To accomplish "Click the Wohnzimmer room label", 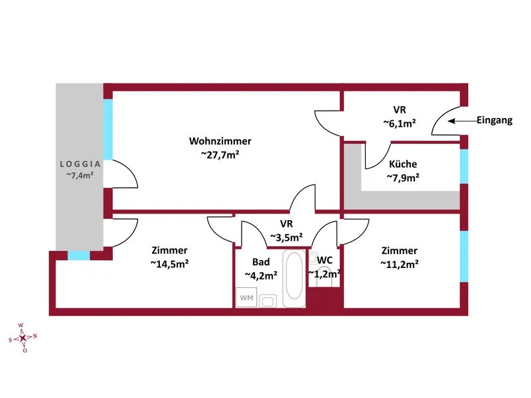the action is click(220, 141).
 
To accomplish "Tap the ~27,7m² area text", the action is click(220, 155).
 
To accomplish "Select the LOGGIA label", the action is click(80, 164).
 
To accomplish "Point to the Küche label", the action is click(403, 164).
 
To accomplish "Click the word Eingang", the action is click(494, 120).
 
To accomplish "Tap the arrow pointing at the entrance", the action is click(463, 121).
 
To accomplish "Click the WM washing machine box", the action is click(246, 297).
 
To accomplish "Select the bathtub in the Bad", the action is click(294, 279).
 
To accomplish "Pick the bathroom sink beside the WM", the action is click(268, 301).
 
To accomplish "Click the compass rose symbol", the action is click(23, 338).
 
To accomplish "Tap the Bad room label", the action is click(261, 262).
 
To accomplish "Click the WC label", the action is click(325, 260).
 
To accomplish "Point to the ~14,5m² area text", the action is click(169, 263).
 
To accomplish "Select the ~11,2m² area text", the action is click(400, 263).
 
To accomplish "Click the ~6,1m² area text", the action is click(400, 123).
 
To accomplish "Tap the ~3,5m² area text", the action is click(287, 237).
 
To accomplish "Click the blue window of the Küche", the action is click(464, 166).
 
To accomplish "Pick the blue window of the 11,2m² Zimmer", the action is click(464, 257).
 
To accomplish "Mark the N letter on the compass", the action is click(35, 336).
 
